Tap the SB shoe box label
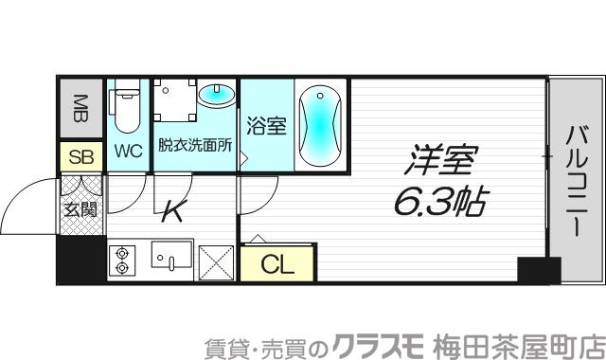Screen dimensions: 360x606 click(x=80, y=155)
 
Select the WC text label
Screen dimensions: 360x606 click(x=128, y=150)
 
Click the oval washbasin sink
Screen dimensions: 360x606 click(x=218, y=94)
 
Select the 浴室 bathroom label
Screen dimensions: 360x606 click(x=266, y=126)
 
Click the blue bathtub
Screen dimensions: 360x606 click(x=317, y=125)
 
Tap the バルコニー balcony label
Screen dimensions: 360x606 click(x=576, y=180)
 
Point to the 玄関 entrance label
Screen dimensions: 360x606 click(x=80, y=208)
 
